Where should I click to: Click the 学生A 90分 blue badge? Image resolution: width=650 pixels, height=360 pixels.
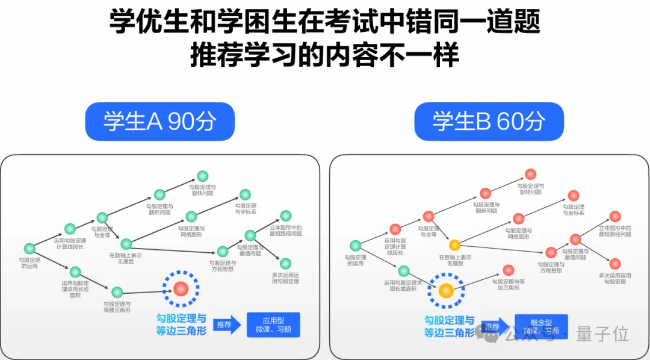click(159, 122)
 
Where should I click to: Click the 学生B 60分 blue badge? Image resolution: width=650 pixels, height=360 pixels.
click(489, 122)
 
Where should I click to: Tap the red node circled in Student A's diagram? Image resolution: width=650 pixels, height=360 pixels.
click(181, 290)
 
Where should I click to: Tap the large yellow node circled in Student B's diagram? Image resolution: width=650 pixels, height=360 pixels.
click(446, 291)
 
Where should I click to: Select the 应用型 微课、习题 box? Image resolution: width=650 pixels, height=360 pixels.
click(273, 324)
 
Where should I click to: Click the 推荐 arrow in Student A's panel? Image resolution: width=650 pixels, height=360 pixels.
click(226, 324)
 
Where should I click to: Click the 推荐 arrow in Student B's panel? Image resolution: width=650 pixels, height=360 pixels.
click(494, 326)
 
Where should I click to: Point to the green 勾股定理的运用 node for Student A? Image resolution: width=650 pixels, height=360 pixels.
click(29, 248)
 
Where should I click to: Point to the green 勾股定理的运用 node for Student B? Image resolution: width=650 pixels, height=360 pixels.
click(355, 246)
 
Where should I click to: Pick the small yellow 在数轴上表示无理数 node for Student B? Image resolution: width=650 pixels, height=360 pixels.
click(454, 244)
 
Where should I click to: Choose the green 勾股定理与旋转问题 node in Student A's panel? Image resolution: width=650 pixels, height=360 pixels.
click(203, 176)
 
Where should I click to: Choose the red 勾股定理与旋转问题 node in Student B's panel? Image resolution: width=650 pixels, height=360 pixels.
click(530, 174)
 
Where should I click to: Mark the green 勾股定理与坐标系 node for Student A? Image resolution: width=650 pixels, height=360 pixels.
click(245, 194)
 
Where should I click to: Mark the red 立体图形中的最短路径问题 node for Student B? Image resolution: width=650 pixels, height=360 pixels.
click(614, 216)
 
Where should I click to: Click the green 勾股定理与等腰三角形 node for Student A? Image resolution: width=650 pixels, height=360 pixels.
click(117, 292)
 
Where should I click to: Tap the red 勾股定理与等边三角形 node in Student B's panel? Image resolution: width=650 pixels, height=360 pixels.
click(509, 270)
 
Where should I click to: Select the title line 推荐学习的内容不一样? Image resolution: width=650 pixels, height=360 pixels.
click(324, 55)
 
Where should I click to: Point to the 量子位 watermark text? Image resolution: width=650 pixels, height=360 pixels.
click(602, 333)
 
